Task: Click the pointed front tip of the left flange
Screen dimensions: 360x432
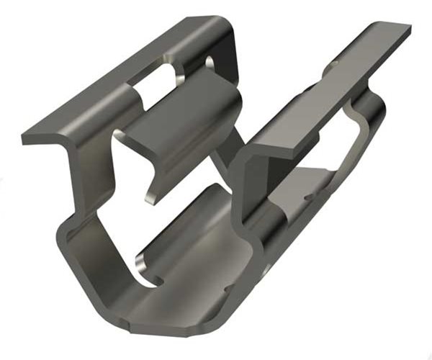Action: pos(26,138)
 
